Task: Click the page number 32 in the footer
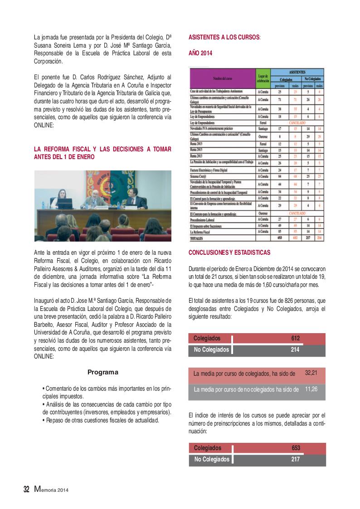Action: [26, 489]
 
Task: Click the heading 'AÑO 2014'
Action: [200, 53]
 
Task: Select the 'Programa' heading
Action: [102, 372]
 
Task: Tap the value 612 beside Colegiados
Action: [296, 338]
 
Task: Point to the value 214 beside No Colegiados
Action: [296, 349]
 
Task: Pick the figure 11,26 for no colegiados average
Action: [311, 389]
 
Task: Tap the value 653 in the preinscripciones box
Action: [296, 448]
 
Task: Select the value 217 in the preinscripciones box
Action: [296, 459]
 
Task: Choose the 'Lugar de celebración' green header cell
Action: [263, 78]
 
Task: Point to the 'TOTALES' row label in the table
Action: [197, 237]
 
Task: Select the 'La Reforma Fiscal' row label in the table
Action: [201, 231]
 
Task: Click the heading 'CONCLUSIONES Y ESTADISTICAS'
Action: [229, 252]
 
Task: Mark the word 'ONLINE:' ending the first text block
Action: [44, 127]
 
